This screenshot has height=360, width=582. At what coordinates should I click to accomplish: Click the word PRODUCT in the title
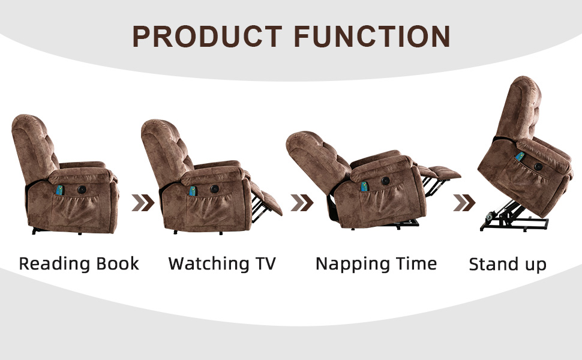208,37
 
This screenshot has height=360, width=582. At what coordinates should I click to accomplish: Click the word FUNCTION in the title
372,37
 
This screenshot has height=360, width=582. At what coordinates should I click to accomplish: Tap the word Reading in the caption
55,264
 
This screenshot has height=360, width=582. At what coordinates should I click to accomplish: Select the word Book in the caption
117,263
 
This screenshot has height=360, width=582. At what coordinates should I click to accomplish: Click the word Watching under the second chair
209,264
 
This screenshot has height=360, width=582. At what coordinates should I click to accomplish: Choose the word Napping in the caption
353,264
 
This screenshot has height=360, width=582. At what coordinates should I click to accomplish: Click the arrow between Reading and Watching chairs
143,203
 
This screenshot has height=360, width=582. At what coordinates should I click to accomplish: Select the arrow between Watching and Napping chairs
302,203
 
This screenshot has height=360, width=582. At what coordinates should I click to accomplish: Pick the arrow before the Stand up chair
464,203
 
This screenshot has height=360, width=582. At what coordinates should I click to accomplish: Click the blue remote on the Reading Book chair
59,190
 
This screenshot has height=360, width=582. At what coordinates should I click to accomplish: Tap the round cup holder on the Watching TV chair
214,189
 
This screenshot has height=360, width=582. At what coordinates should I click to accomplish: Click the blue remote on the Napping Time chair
364,186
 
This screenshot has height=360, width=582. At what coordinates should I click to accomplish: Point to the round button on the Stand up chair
538,167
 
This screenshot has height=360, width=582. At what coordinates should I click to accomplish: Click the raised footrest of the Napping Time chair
440,172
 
